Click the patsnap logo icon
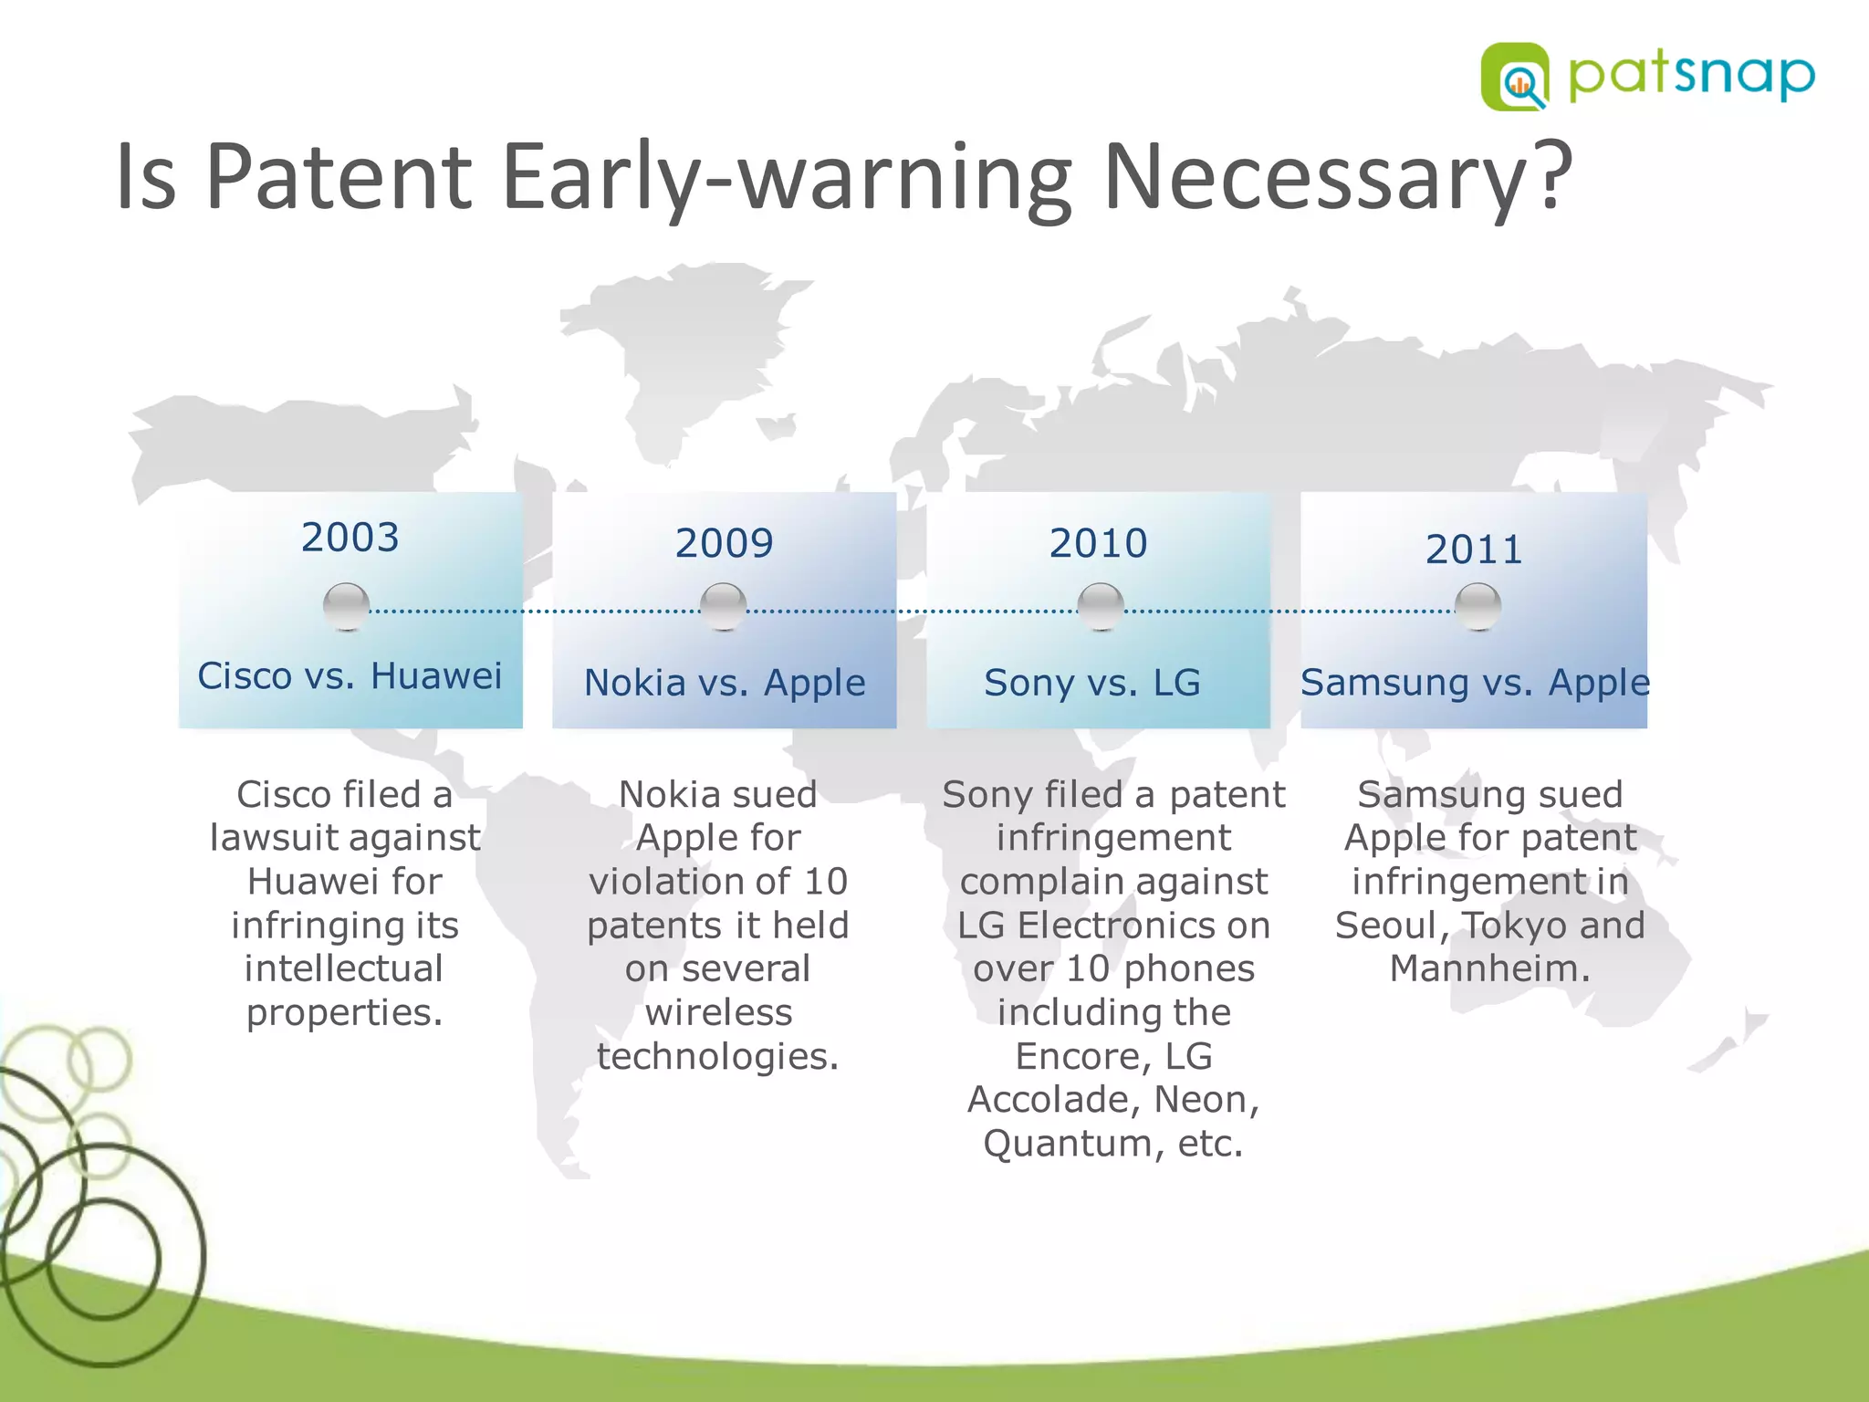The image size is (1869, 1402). [x=1514, y=77]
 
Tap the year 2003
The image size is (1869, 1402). [x=350, y=538]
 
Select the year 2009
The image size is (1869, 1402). [x=724, y=543]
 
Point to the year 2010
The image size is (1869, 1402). [x=1098, y=543]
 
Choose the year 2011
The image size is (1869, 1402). [x=1474, y=549]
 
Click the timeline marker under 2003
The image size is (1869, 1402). [x=347, y=607]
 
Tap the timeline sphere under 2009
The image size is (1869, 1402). [x=724, y=607]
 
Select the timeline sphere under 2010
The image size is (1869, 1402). [x=1101, y=607]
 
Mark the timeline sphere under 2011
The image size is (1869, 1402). [x=1477, y=607]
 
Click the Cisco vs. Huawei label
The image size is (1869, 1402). [x=350, y=676]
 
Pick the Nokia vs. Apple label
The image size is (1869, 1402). [x=725, y=683]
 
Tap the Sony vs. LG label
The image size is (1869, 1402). [x=1092, y=683]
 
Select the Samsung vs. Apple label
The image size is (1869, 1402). [x=1475, y=683]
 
